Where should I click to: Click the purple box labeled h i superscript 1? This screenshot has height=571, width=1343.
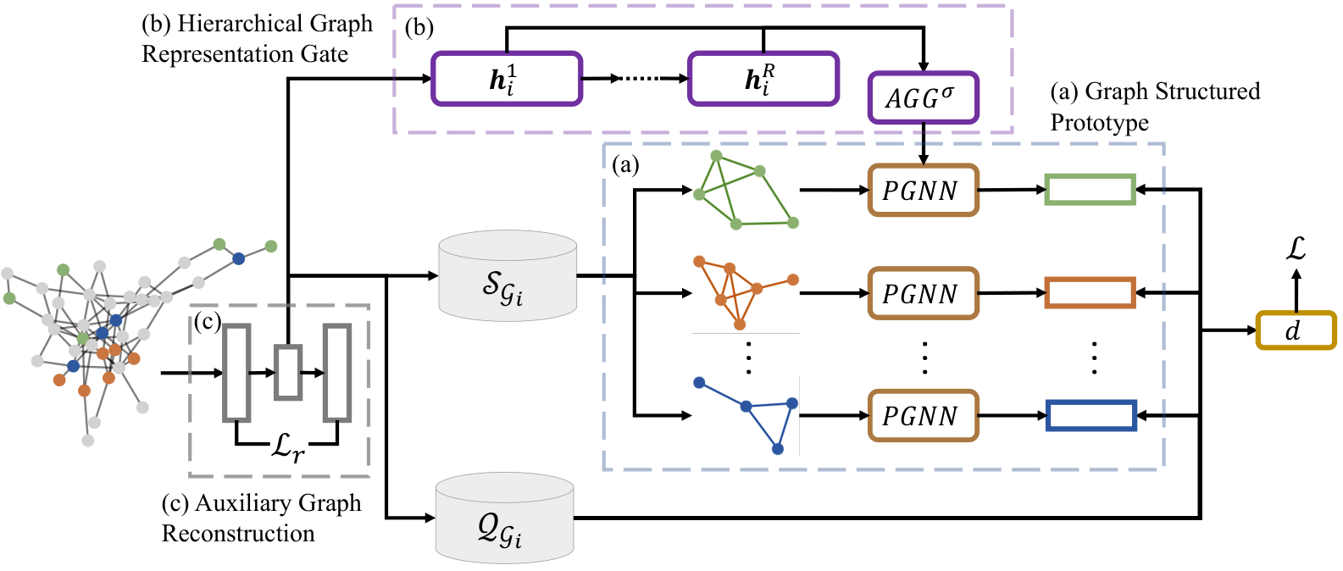click(x=507, y=79)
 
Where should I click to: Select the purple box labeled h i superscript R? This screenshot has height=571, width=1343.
click(x=763, y=79)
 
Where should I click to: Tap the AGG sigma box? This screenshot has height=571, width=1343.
click(x=924, y=97)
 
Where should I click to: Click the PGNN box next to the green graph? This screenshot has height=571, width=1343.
click(x=924, y=190)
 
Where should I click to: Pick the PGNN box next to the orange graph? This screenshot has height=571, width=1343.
click(x=924, y=293)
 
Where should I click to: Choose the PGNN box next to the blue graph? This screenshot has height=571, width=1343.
click(x=924, y=415)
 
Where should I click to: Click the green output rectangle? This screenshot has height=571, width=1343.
click(x=1090, y=189)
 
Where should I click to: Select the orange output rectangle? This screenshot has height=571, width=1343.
click(x=1090, y=292)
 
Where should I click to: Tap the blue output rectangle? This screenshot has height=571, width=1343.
click(x=1091, y=415)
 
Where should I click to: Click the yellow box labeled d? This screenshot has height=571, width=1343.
click(x=1296, y=330)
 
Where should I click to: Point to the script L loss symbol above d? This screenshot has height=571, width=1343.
click(x=1296, y=248)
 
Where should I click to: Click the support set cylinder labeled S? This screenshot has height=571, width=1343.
click(x=508, y=275)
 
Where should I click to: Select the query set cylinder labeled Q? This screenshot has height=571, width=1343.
click(x=504, y=518)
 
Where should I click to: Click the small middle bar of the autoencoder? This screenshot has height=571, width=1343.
click(x=288, y=372)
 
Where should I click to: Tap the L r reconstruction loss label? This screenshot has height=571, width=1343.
click(x=288, y=446)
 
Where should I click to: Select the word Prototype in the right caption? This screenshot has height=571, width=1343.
click(x=1100, y=123)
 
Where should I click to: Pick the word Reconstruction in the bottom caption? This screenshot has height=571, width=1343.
click(x=238, y=533)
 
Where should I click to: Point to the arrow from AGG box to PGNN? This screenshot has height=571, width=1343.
click(x=924, y=144)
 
